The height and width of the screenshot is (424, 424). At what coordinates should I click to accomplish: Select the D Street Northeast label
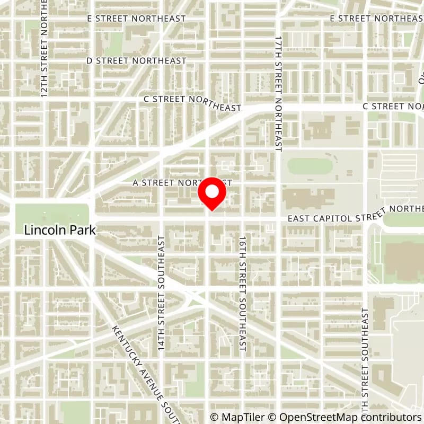coord(136,61)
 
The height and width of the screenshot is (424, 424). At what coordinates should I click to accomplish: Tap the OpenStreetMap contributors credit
coord(344,417)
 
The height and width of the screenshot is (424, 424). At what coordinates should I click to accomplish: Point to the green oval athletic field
coord(310,166)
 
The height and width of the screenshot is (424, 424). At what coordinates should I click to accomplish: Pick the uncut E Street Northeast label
coord(136,19)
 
